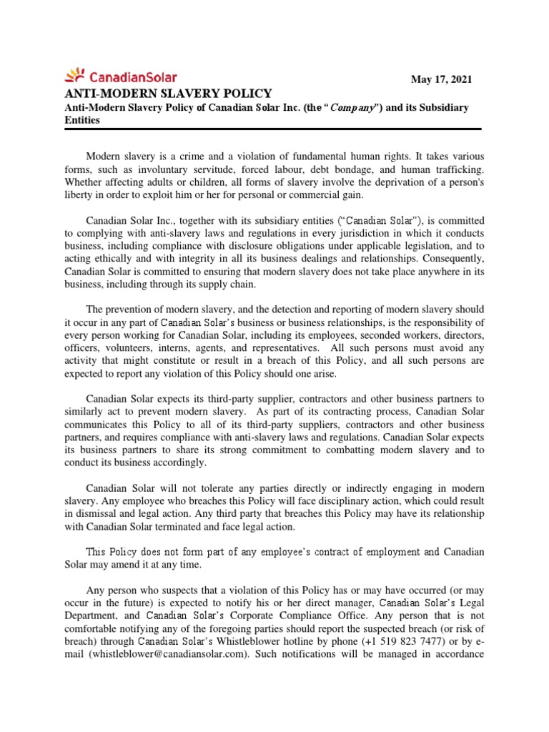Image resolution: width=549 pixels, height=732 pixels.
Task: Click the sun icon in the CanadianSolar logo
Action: tap(75, 74)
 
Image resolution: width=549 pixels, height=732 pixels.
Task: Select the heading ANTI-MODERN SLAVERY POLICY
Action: tap(169, 93)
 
